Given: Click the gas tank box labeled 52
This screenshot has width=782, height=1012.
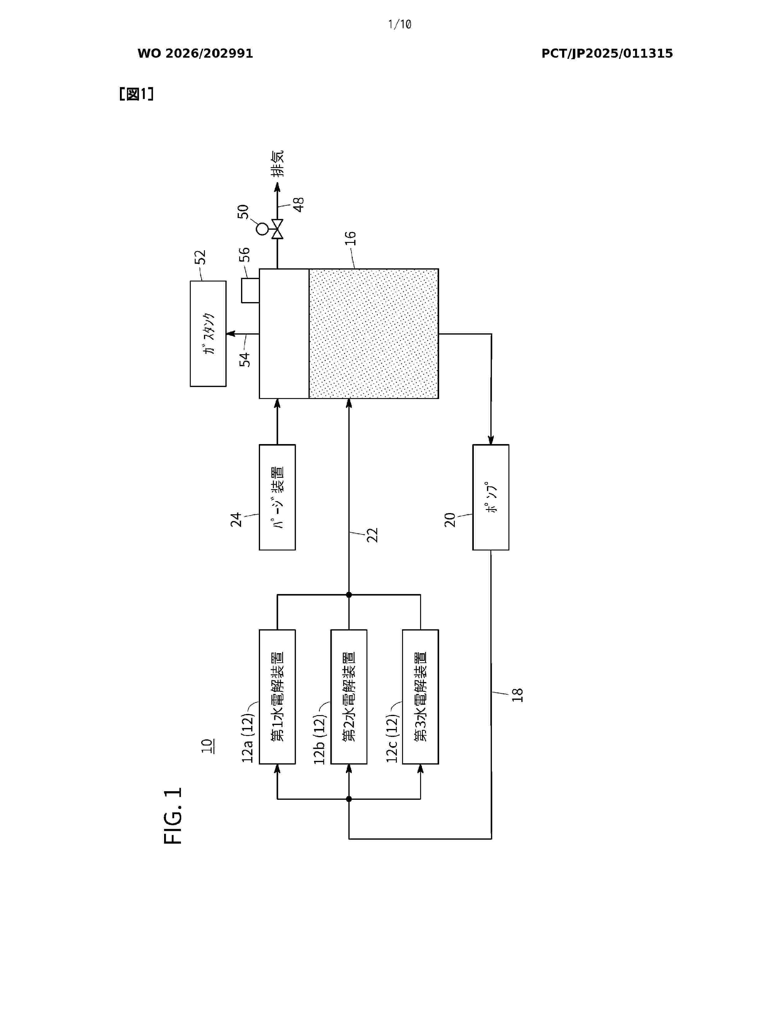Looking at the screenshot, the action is [208, 334].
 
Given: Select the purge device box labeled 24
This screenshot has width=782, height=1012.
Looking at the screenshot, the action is [277, 497].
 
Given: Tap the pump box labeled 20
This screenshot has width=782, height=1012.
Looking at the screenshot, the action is [491, 497].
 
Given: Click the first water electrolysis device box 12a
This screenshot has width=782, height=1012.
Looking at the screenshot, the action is [277, 697].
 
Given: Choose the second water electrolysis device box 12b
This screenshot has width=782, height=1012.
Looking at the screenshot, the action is [349, 697].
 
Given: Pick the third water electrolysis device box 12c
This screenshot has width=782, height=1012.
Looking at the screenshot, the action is [420, 697].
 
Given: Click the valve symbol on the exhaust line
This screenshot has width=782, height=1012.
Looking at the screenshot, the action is [277, 229].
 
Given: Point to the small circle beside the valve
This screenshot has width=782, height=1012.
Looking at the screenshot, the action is [262, 229].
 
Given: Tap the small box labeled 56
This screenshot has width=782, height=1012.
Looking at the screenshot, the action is [250, 290].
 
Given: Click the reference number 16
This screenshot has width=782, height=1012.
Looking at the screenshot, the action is [351, 238].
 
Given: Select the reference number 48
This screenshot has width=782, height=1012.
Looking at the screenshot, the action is [299, 204].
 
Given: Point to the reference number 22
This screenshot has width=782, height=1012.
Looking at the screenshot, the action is [372, 535].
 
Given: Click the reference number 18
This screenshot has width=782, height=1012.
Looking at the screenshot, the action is [517, 695].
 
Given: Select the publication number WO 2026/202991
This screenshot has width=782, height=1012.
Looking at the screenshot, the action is [195, 54].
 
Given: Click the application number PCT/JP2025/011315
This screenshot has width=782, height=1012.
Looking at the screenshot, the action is [607, 54].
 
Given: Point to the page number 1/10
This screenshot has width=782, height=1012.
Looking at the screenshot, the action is [399, 24].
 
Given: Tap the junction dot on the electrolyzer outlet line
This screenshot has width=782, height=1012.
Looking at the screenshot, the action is [349, 595].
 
